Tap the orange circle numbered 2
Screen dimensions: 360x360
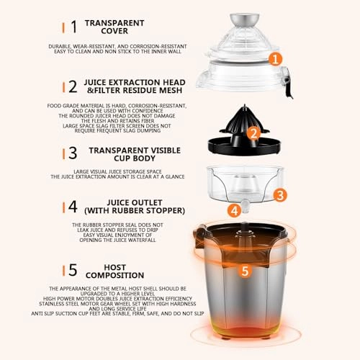252,133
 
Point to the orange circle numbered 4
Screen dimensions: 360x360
235,211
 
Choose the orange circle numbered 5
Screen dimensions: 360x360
246,271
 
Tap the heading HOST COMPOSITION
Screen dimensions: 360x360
115,270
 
